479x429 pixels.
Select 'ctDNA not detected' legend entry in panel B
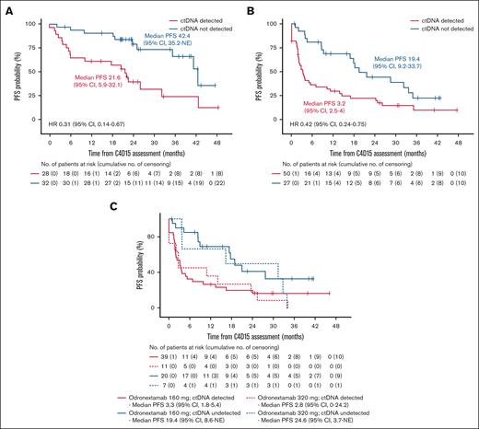click(446, 21)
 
